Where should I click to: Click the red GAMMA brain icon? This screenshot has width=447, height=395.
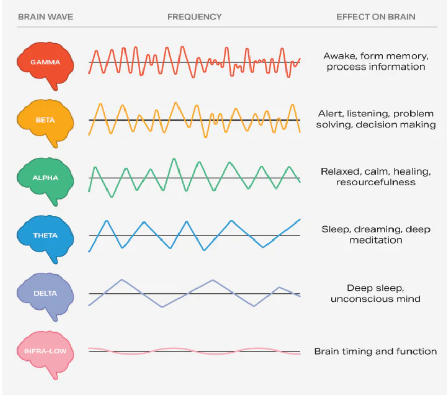click(45, 63)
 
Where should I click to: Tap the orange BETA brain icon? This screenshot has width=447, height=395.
click(45, 121)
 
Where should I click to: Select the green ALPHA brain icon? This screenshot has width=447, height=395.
click(45, 178)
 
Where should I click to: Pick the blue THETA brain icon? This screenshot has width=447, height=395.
click(45, 236)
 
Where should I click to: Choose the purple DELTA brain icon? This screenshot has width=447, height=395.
click(45, 294)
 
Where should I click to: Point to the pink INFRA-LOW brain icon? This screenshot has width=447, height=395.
click(45, 352)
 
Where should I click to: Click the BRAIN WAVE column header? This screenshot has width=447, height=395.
click(45, 17)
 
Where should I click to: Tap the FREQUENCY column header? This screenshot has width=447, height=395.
click(194, 17)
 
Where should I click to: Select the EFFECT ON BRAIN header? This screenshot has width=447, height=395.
click(376, 17)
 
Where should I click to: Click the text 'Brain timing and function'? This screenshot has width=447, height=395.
click(376, 352)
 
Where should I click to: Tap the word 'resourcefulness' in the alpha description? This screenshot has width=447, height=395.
click(376, 183)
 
